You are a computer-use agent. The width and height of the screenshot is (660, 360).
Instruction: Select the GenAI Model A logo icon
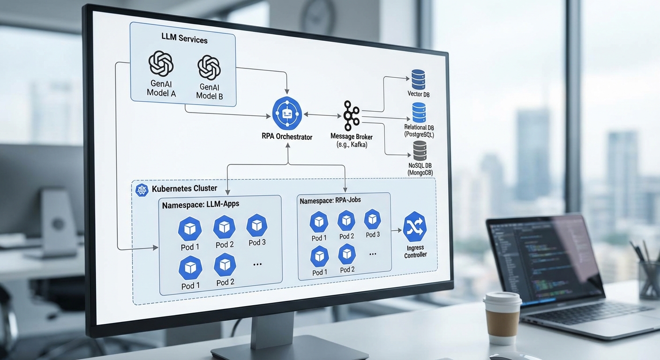(x=161, y=64)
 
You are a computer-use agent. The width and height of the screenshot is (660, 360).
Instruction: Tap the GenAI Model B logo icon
(x=209, y=67)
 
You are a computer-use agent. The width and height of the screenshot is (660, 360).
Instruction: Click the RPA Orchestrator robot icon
(x=287, y=113)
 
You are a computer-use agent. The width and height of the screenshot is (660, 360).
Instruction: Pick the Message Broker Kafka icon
(x=351, y=115)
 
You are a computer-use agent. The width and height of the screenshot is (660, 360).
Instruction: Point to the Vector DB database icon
(x=418, y=79)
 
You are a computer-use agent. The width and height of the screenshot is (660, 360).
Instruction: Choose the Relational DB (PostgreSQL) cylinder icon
(x=419, y=112)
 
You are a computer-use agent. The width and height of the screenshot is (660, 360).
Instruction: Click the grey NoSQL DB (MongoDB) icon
(x=420, y=150)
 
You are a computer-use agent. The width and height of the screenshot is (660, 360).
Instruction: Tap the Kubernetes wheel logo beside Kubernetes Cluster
(x=142, y=189)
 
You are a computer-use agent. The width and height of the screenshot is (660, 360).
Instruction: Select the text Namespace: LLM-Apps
(x=200, y=205)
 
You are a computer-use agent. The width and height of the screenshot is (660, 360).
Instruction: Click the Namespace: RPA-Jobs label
(x=330, y=200)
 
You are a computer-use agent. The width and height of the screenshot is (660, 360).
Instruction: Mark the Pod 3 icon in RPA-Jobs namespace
(x=373, y=219)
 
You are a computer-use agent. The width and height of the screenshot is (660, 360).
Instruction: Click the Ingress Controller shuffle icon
(x=415, y=227)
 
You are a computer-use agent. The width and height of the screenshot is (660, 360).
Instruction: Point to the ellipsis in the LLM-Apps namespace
(x=257, y=264)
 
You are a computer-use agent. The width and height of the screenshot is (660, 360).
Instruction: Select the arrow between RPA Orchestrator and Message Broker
(x=322, y=114)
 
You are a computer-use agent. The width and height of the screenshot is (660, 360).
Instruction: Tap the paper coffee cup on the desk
(x=502, y=317)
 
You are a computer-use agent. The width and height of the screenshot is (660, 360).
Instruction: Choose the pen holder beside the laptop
(x=649, y=279)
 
